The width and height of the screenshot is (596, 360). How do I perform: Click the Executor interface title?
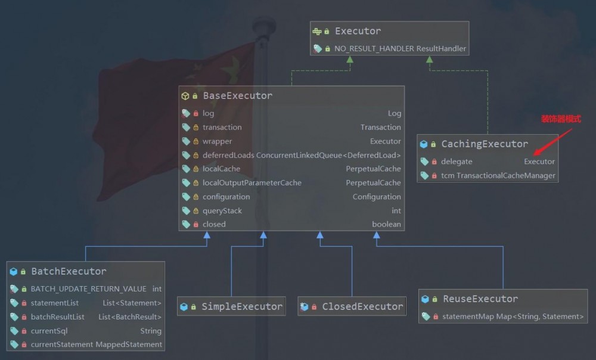[358, 31]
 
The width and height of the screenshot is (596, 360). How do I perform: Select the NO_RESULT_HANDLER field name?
[374, 49]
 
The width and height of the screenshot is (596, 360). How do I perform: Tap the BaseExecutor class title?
[238, 96]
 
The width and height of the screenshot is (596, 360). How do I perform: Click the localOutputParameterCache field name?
[252, 183]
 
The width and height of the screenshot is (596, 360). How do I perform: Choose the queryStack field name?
[222, 210]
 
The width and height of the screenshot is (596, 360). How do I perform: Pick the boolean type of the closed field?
[386, 224]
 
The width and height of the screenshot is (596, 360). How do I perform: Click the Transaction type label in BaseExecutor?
[380, 128]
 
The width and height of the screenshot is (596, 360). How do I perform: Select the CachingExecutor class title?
[485, 144]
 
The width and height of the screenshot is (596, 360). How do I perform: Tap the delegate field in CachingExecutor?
[457, 162]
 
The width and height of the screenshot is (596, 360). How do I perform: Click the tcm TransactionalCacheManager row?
[498, 176]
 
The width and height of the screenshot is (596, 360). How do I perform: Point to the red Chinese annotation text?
[561, 119]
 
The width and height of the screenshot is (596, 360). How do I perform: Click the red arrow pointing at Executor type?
[552, 142]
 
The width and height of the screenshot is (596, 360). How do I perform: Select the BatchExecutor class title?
[69, 271]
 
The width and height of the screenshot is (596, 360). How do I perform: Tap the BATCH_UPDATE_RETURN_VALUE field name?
[89, 289]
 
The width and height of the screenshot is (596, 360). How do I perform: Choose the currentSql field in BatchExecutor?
[49, 331]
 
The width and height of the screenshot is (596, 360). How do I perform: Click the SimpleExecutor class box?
[231, 306]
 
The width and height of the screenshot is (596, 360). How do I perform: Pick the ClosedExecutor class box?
[352, 306]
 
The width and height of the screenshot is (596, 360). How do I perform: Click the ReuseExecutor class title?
[480, 299]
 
